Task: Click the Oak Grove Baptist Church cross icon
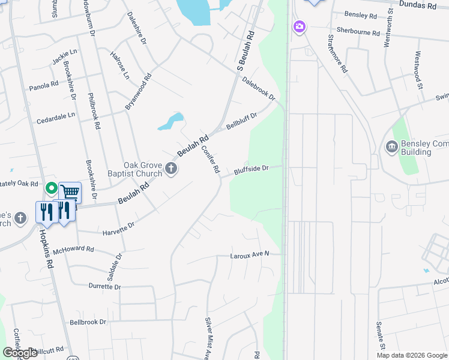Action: pos(170,169)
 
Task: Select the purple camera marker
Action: pos(299,27)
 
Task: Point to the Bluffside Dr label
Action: pos(250,170)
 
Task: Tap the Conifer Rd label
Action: pos(210,160)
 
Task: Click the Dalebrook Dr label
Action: pos(260,89)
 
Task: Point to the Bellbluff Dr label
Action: pos(241,121)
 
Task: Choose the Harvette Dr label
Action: pos(118,229)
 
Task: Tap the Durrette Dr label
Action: pos(104,287)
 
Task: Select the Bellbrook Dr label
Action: pos(88,322)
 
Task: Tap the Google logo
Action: pos(20,353)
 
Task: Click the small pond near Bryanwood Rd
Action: pos(171,122)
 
